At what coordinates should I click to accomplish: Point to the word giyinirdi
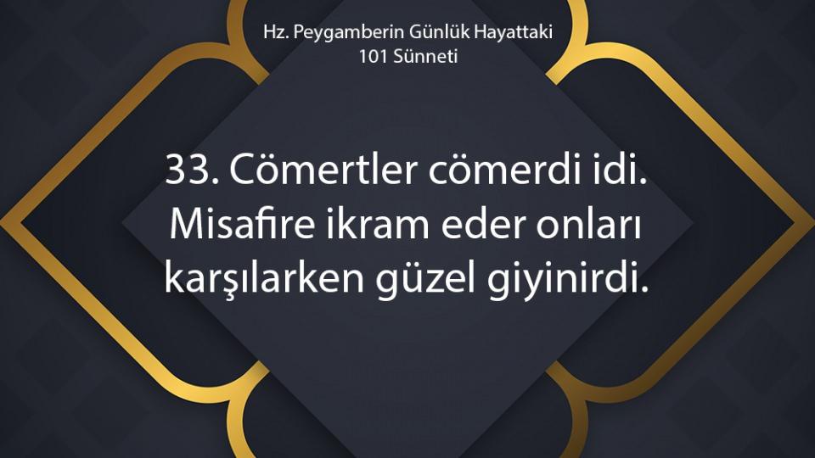(564, 281)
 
